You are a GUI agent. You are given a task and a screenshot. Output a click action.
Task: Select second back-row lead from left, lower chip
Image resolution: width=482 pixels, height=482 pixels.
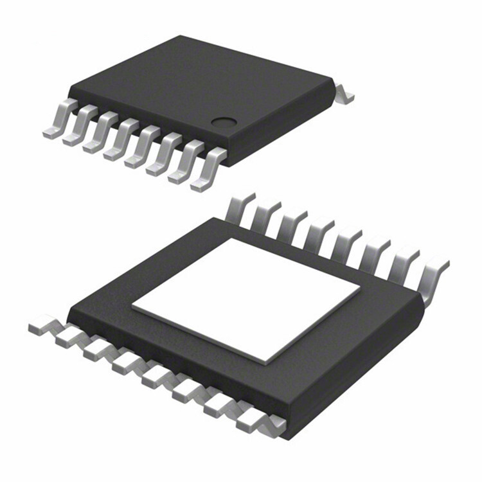click(265, 213)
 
